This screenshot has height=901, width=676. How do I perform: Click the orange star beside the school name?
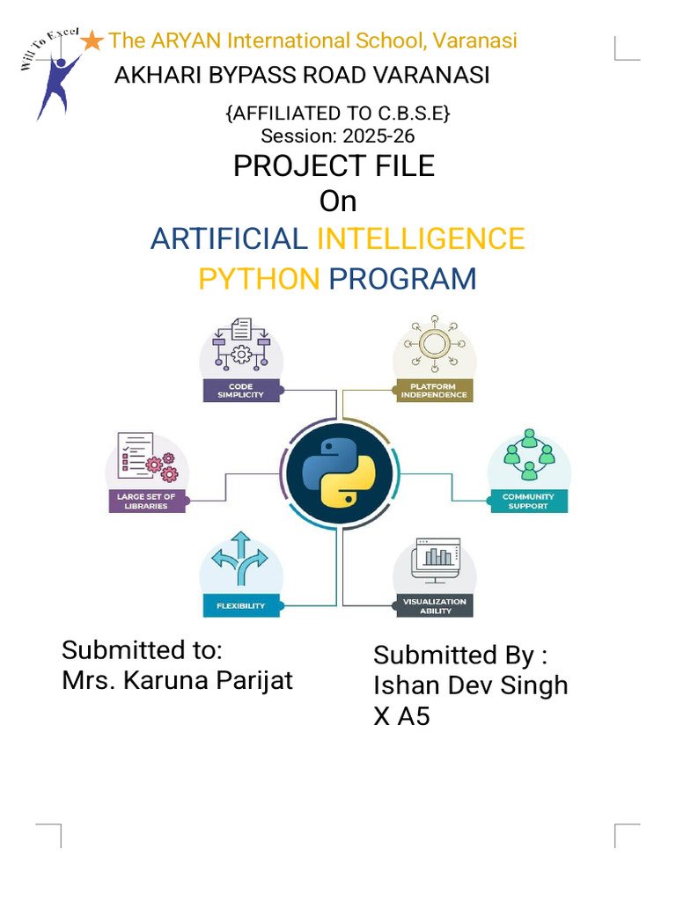(x=92, y=40)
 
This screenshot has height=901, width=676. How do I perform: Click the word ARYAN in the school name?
(x=186, y=40)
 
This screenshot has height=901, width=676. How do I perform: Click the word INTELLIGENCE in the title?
(x=421, y=238)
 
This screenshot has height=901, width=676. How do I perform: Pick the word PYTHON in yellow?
(x=259, y=279)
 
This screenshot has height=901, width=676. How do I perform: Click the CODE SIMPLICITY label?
(x=240, y=391)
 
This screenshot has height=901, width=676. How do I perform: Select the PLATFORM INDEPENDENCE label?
(x=433, y=391)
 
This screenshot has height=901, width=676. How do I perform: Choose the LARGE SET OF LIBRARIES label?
(x=146, y=502)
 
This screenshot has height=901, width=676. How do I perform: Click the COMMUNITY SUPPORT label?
(x=528, y=502)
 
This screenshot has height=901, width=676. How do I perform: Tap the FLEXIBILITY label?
(x=240, y=606)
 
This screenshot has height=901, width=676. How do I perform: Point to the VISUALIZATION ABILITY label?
(x=434, y=606)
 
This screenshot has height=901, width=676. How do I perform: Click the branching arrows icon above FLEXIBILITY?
(x=241, y=559)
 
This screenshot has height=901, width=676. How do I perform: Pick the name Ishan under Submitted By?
(x=401, y=685)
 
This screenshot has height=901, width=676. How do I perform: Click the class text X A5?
(x=401, y=716)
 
